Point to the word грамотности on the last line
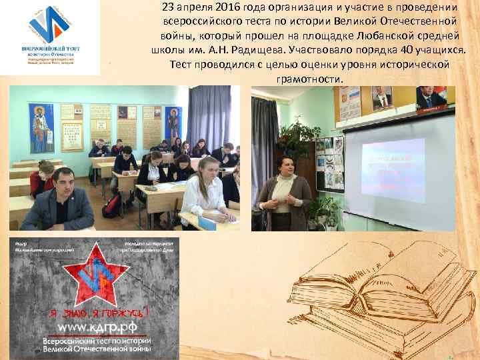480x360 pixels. (x=309, y=79)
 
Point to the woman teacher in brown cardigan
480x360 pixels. (x=285, y=193)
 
